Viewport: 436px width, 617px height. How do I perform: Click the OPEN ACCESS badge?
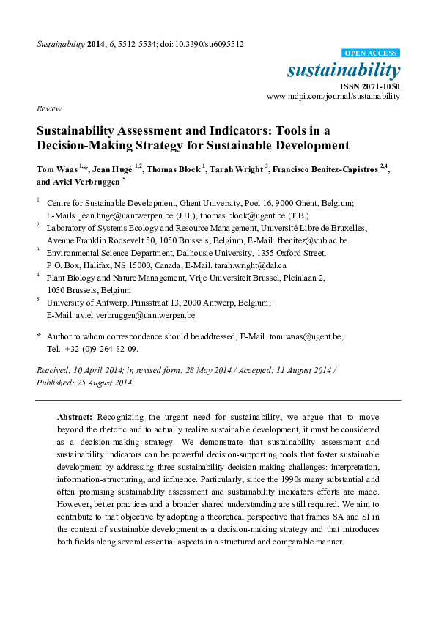pyautogui.click(x=372, y=53)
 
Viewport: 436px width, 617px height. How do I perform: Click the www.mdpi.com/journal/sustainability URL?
pyautogui.click(x=333, y=96)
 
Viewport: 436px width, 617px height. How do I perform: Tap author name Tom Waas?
pyautogui.click(x=56, y=169)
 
